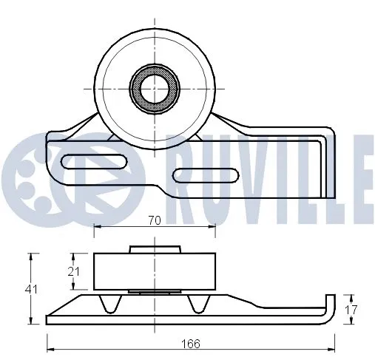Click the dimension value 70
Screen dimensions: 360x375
[155, 220]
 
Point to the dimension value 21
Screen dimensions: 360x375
[72, 272]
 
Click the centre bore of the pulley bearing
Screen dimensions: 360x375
[155, 87]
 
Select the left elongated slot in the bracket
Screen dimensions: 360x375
[97, 160]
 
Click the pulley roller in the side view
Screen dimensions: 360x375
[155, 272]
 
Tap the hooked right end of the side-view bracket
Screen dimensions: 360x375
[331, 310]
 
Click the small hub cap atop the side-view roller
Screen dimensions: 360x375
[155, 250]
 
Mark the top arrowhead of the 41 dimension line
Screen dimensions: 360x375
[31, 256]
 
